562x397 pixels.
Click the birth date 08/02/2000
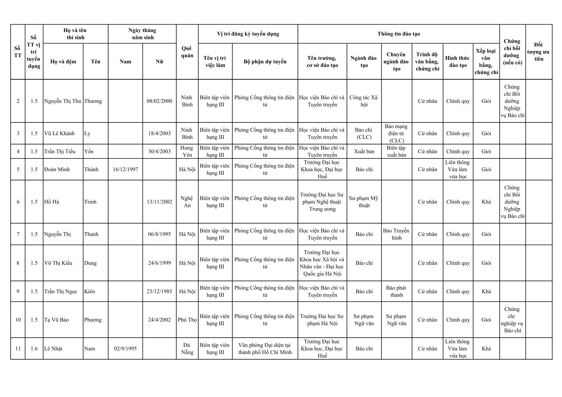click(x=159, y=101)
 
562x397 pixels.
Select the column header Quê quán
click(x=187, y=52)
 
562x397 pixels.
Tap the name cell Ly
click(x=87, y=133)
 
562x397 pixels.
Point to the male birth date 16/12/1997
click(x=125, y=169)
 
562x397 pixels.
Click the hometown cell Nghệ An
click(x=187, y=202)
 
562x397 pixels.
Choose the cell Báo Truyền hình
click(x=396, y=234)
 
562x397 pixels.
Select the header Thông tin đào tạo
click(x=398, y=34)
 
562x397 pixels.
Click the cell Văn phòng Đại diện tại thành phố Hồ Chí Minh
click(x=265, y=349)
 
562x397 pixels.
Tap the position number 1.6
click(x=34, y=349)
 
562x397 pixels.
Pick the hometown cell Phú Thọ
click(x=187, y=320)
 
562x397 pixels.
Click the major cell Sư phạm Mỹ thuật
click(x=364, y=202)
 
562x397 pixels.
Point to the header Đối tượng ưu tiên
click(x=538, y=52)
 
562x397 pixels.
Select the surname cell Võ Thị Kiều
click(x=58, y=263)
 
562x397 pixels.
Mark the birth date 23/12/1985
click(x=159, y=292)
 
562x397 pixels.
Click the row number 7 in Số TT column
click(x=18, y=234)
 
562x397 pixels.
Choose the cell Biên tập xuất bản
click(x=396, y=151)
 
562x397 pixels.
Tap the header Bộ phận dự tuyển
click(x=265, y=62)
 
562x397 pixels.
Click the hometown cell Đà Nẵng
click(x=187, y=349)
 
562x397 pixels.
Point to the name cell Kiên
click(x=89, y=292)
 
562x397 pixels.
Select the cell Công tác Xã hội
click(x=364, y=101)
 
